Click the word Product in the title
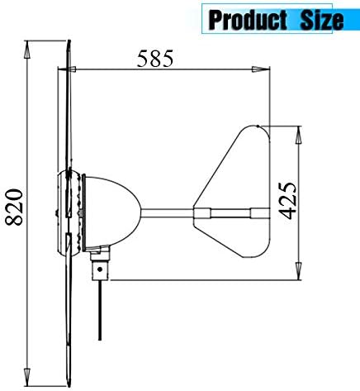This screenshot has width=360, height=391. click(248, 18)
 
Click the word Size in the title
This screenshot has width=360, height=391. click(318, 18)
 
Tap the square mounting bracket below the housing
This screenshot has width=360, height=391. click(100, 269)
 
